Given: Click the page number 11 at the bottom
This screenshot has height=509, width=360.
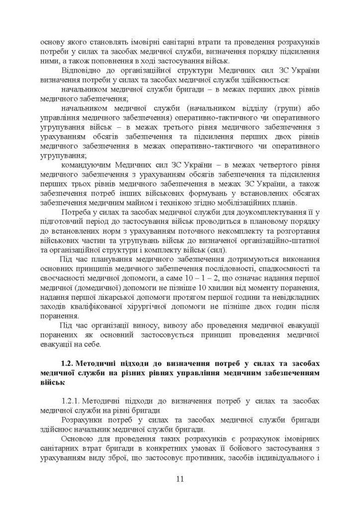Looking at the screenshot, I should pyautogui.click(x=180, y=478).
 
